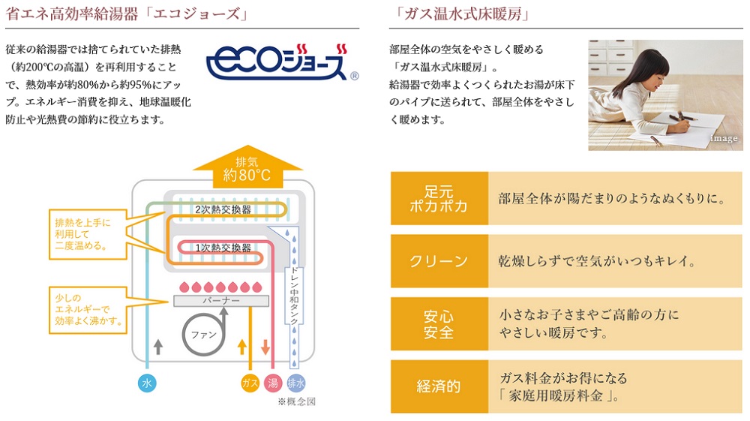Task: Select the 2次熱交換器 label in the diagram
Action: click(223, 209)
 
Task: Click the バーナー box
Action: click(220, 300)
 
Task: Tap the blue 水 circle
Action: click(147, 383)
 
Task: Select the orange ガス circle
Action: click(250, 383)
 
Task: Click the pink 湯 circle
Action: click(272, 383)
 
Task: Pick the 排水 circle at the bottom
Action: click(296, 383)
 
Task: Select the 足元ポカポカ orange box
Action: click(439, 198)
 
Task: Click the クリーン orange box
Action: click(439, 261)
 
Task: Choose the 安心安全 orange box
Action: click(439, 324)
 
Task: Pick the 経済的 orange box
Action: click(439, 386)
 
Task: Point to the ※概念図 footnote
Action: click(296, 401)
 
